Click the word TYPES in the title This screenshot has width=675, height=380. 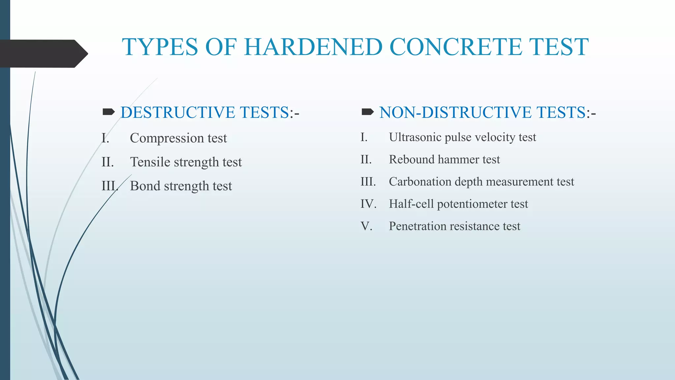[160, 47]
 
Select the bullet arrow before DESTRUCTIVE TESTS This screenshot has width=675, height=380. [108, 112]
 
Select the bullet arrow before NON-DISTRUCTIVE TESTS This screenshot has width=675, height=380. [367, 112]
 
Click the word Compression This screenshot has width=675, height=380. [167, 138]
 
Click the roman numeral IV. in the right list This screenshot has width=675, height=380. [368, 204]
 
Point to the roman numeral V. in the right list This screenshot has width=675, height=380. [366, 226]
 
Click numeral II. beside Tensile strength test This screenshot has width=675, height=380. [107, 162]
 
